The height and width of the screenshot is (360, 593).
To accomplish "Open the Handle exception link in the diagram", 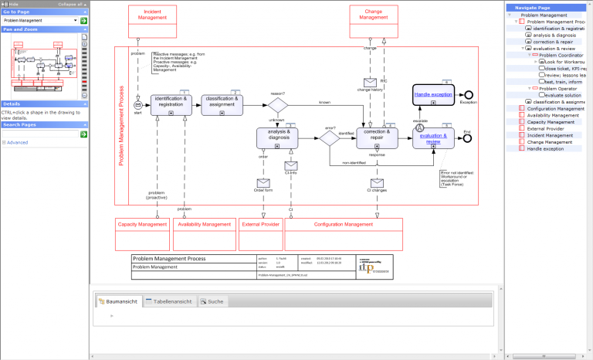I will pos(432,94).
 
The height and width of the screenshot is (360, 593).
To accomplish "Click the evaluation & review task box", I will pos(433,138).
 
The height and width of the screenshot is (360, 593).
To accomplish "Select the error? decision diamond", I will pos(330,138).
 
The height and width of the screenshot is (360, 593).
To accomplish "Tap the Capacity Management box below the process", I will pos(142,224).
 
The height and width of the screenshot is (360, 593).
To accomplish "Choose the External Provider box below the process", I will pos(262,224).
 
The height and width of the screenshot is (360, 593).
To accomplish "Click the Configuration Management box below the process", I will pos(344,224).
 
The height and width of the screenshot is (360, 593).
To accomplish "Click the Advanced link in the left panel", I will pos(17,142).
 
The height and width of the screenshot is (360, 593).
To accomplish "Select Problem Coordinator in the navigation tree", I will pos(560,55).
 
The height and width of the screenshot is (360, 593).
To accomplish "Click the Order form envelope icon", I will pos(263,183).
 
